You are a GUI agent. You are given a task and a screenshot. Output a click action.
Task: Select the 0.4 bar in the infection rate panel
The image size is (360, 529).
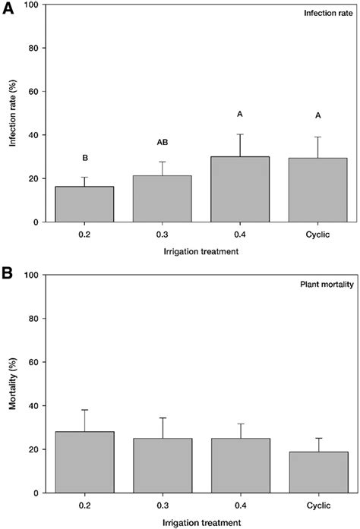point(239,190)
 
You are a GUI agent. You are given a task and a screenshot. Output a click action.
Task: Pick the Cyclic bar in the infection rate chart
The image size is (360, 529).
point(317,190)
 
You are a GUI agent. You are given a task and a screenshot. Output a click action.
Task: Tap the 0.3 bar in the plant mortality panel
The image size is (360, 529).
point(162,465)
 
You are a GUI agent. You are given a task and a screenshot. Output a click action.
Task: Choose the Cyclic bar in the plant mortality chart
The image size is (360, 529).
point(317,472)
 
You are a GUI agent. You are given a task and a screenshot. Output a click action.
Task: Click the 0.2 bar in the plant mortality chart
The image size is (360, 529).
point(84,462)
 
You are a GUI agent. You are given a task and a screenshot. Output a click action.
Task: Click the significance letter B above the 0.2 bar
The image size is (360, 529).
point(84,158)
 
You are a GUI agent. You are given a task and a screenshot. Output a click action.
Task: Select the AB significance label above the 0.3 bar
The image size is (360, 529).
point(162,142)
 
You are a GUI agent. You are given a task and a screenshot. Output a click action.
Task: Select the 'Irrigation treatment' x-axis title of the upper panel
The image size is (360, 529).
point(201,251)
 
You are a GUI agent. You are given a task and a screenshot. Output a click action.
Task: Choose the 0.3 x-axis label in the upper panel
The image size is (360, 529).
point(162,234)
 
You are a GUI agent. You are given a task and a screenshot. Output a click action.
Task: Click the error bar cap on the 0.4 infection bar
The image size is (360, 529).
point(239,134)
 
